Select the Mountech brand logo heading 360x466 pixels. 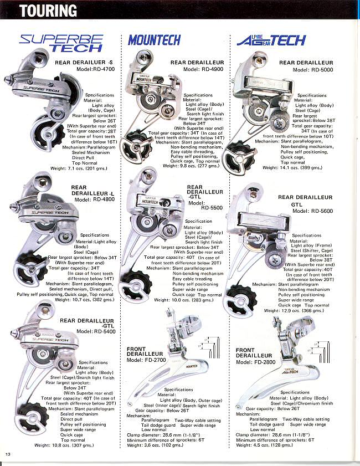[x=154, y=40]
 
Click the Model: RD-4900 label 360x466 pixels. [x=202, y=70]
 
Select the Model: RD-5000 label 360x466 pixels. [x=311, y=70]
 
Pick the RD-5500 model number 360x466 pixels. [x=198, y=209]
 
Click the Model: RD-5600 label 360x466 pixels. [x=312, y=211]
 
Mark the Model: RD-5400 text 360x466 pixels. [x=95, y=331]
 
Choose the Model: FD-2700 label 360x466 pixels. [x=146, y=360]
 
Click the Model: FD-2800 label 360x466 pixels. [x=255, y=362]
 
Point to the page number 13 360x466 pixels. [x=8, y=454]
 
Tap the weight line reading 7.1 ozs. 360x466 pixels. [x=79, y=168]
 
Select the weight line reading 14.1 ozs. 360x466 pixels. [x=293, y=167]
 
